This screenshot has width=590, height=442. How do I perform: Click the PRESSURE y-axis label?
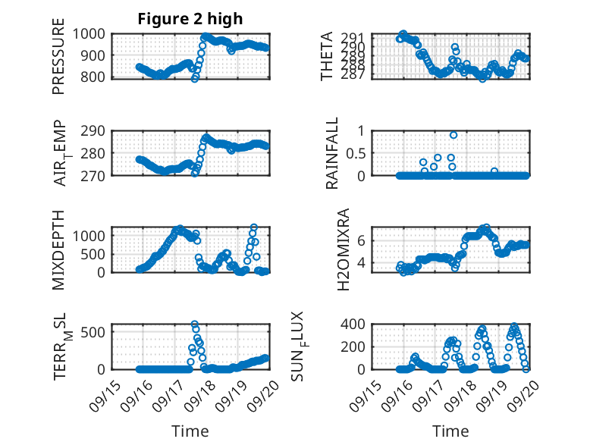[58, 62]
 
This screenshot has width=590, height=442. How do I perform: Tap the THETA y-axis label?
[327, 56]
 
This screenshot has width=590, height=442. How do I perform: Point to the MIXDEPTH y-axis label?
[58, 249]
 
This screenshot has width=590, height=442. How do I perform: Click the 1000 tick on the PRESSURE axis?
[93, 33]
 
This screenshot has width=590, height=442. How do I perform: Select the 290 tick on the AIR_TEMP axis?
[96, 130]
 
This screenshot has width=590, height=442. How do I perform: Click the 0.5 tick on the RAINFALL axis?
[356, 152]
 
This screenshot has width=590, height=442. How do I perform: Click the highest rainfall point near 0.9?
[453, 135]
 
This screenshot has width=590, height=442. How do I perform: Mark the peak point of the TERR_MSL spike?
[195, 324]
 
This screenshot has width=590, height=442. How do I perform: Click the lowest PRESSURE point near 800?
[195, 78]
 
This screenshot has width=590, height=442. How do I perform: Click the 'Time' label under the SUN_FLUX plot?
[450, 431]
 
